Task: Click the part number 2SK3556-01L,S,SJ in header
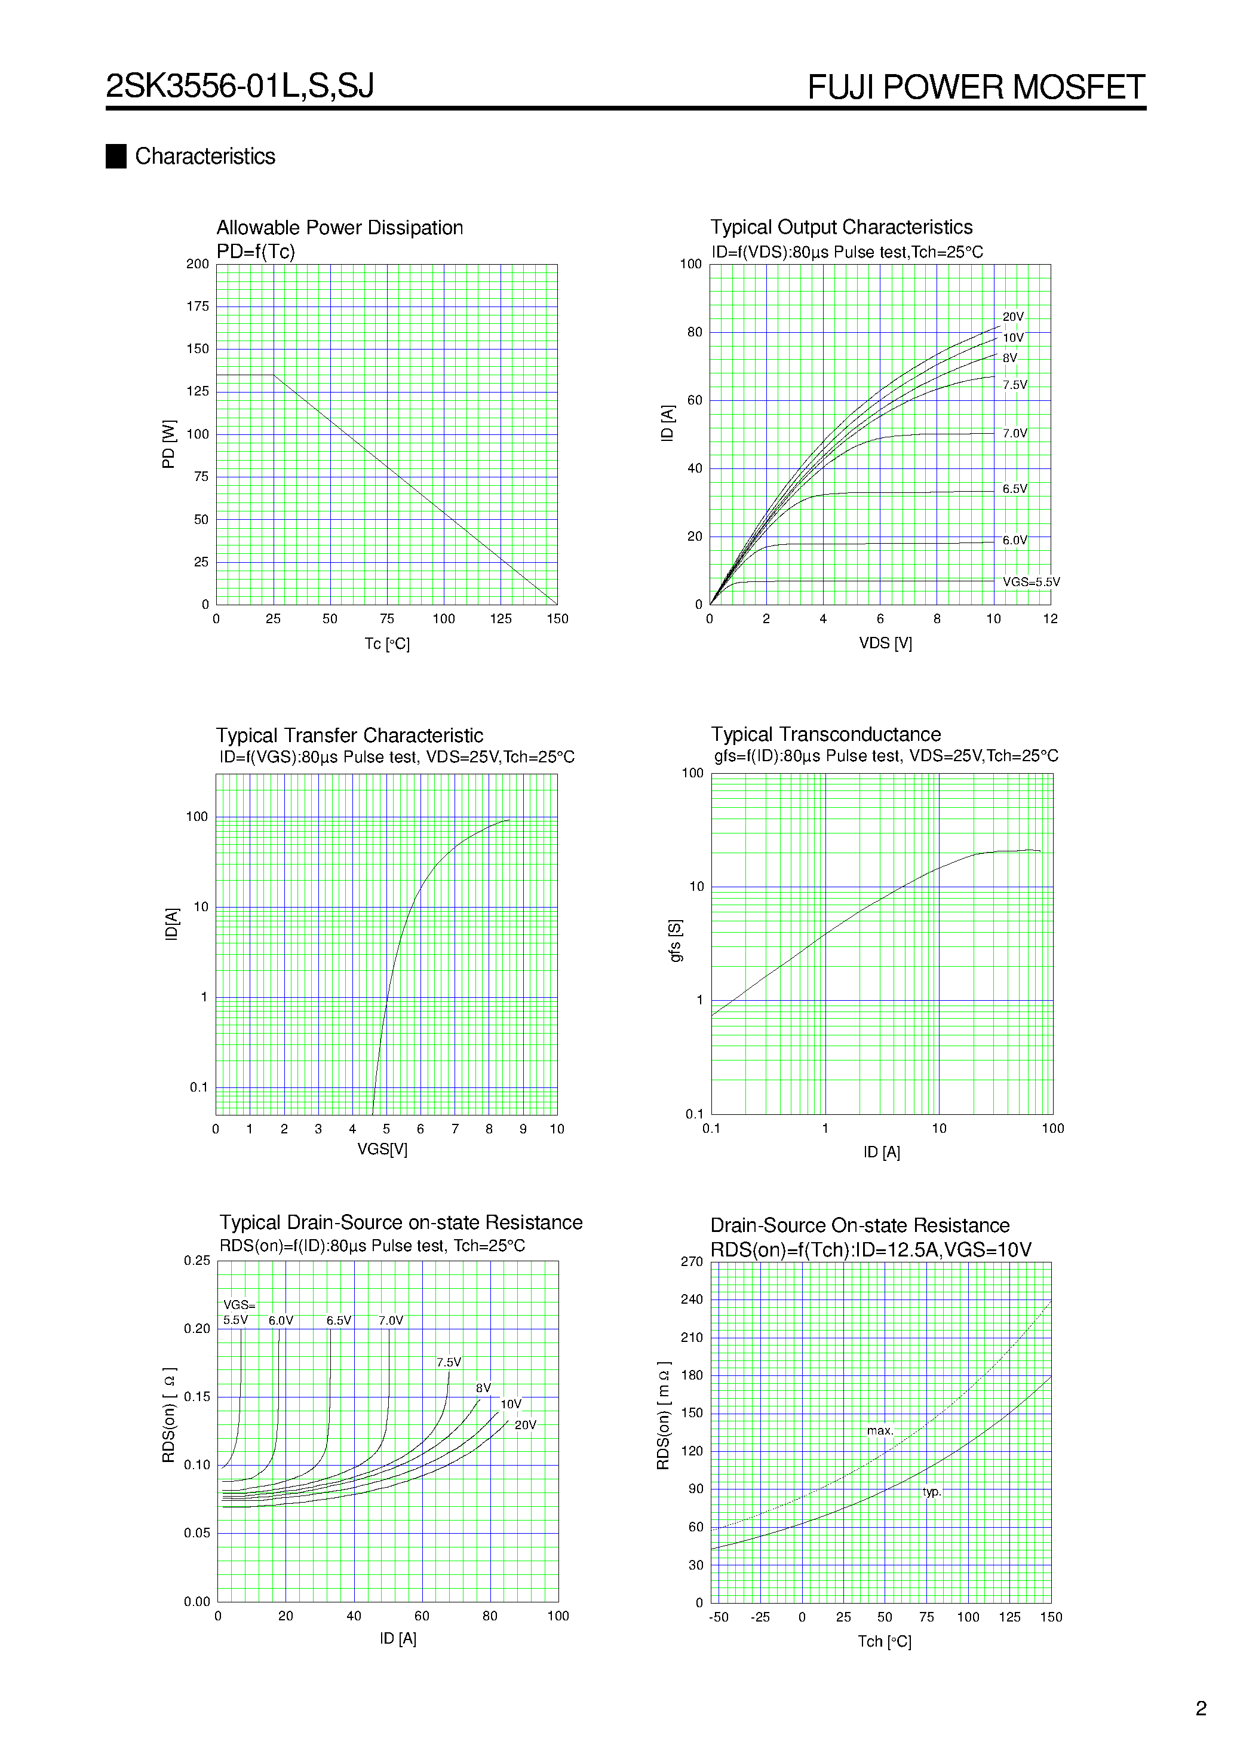pos(240,86)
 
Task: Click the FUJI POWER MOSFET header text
pos(975,87)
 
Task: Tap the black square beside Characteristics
pos(116,156)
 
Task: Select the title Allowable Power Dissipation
pos(339,228)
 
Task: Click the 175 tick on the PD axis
pos(198,307)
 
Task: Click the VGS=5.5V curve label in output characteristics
pos(1031,582)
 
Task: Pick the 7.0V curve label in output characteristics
pos(1014,434)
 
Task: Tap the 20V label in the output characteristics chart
pos(1012,317)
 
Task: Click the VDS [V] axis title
pos(885,643)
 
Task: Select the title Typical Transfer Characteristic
pos(349,735)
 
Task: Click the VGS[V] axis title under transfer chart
pos(382,1149)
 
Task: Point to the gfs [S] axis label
pos(676,940)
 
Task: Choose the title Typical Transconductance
pos(825,734)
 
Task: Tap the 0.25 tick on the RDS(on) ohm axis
pos(197,1261)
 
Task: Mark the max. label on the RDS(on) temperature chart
pos(879,1430)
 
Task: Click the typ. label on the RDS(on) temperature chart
pos(932,1491)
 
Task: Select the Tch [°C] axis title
pos(884,1641)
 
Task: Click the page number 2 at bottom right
pos(1201,1708)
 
